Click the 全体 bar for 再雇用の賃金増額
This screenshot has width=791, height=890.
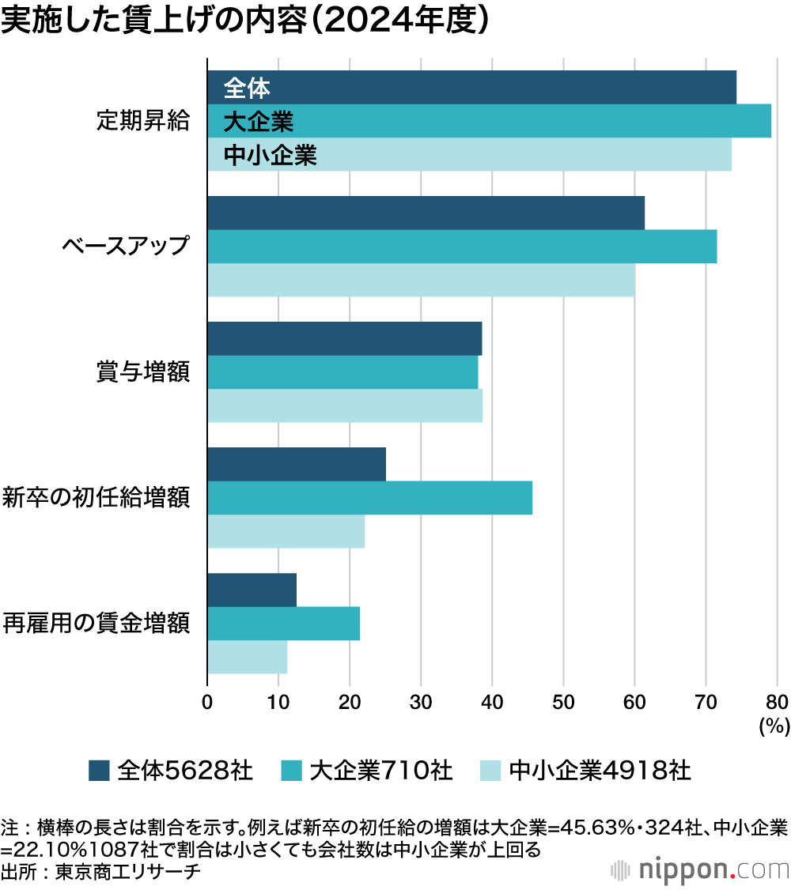(x=252, y=590)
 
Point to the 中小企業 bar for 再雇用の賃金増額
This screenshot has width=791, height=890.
(x=247, y=657)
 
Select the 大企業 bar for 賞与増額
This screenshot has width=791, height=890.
(x=343, y=372)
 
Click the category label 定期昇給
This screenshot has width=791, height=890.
(x=143, y=121)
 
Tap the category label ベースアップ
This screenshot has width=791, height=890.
(x=127, y=246)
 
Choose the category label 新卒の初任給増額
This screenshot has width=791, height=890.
(x=96, y=498)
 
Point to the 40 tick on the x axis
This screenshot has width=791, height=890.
(x=492, y=700)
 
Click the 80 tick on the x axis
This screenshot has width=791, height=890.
(x=777, y=700)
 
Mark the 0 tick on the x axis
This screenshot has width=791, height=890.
(x=207, y=700)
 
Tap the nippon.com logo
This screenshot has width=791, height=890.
(x=700, y=869)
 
